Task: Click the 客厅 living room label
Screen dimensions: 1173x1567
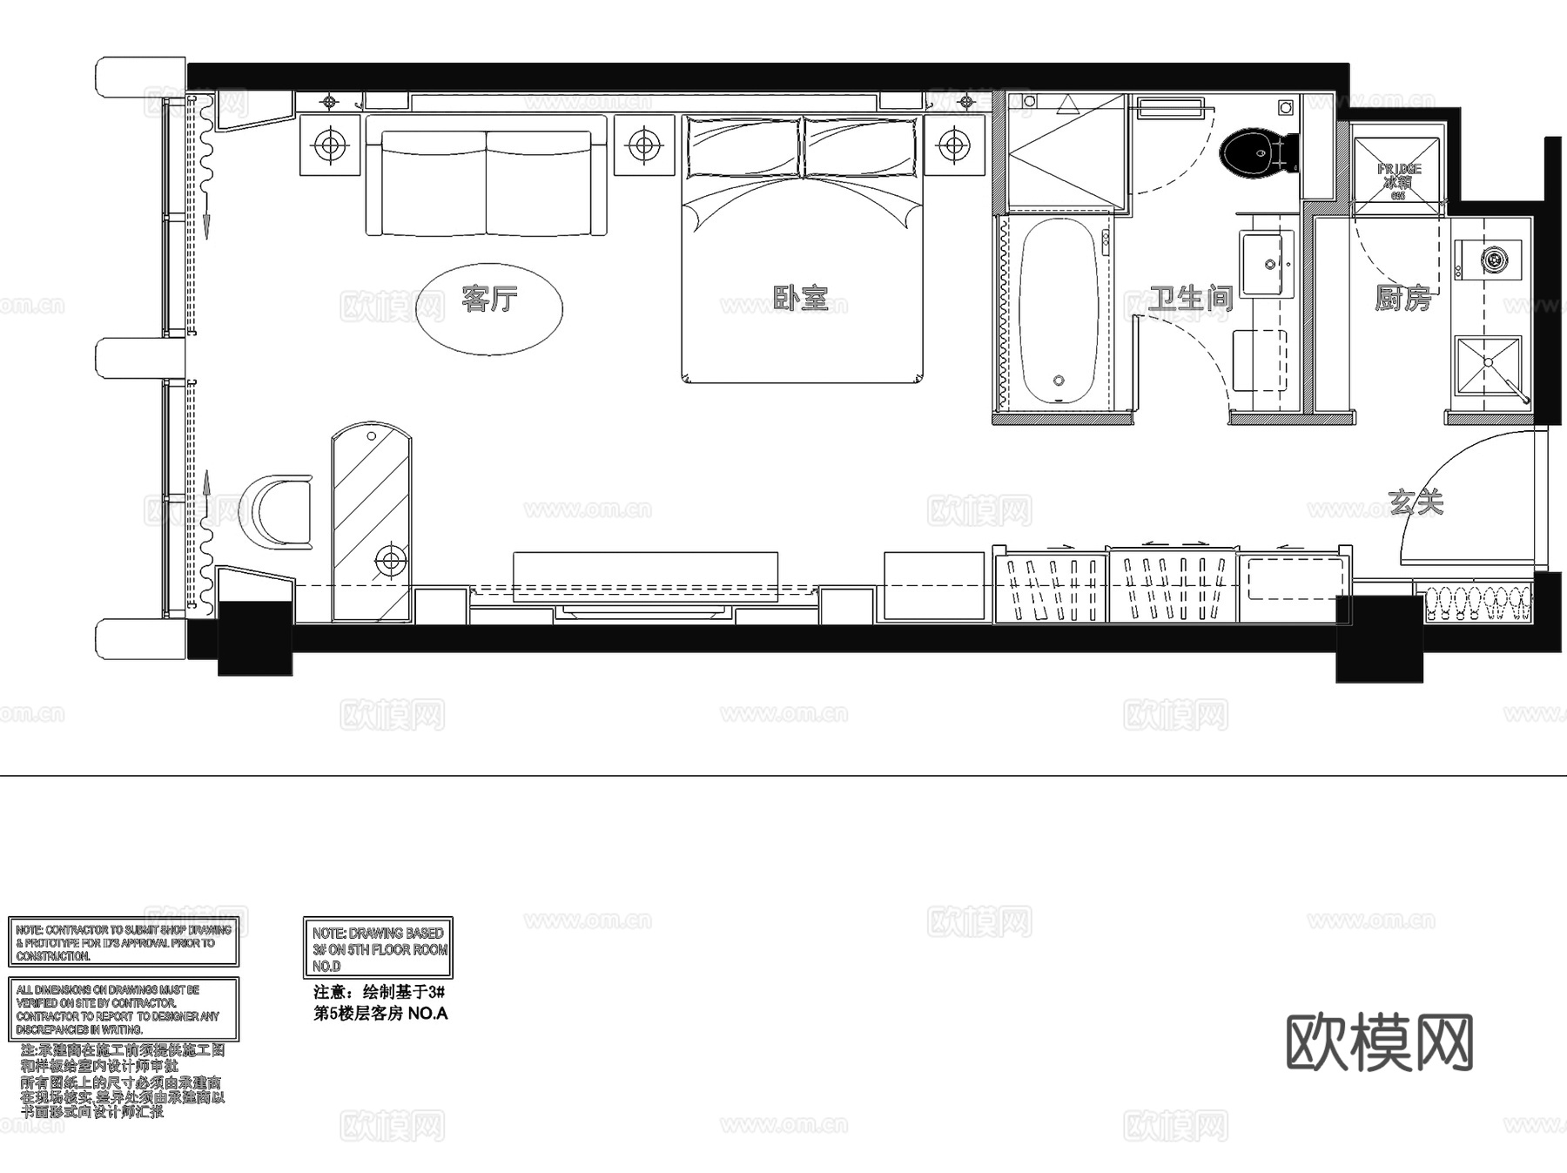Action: (x=489, y=299)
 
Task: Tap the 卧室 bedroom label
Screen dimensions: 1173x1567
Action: (x=800, y=299)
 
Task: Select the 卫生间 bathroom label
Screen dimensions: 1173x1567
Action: (x=1190, y=299)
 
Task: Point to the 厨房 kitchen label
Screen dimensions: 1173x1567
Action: (x=1402, y=299)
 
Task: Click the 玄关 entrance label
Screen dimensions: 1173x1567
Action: (x=1416, y=502)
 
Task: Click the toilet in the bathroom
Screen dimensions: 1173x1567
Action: (x=1254, y=153)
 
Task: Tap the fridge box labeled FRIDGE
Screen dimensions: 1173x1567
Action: (x=1398, y=170)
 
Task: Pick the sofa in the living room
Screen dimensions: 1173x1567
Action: (x=486, y=183)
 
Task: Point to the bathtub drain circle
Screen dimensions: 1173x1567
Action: (x=1059, y=381)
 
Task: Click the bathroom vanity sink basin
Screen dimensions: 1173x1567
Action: (x=1268, y=262)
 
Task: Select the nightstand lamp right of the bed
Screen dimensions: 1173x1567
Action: (x=955, y=144)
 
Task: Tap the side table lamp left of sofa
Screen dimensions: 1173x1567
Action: (x=330, y=144)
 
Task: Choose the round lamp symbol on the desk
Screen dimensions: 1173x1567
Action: (x=390, y=560)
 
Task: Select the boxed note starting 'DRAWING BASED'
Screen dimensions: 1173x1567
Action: (x=378, y=948)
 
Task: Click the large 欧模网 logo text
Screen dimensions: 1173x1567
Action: (x=1379, y=1042)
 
